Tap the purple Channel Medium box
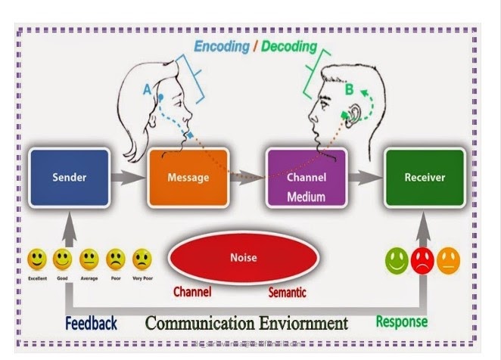(x=306, y=179)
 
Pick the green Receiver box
(x=423, y=178)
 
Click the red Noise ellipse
(x=244, y=258)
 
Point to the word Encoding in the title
(x=222, y=46)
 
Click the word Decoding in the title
(x=289, y=46)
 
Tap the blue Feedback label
(x=91, y=324)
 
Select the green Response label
(x=402, y=322)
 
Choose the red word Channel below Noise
(x=192, y=291)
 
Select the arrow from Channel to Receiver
(x=364, y=179)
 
